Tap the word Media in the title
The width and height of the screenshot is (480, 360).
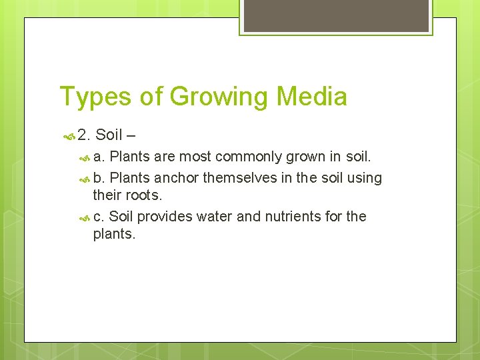[312, 97]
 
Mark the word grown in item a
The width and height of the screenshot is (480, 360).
[307, 157]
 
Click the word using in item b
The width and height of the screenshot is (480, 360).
[365, 177]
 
